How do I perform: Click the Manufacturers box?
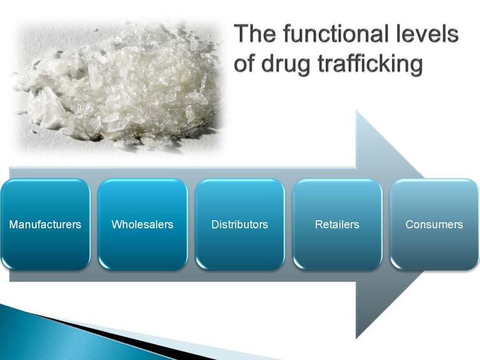pos(45,225)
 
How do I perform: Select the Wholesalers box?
pos(143,225)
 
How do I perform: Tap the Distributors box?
pos(240,225)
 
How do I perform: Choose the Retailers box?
pos(337,225)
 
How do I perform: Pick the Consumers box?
pos(434,225)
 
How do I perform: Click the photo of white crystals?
pos(118,87)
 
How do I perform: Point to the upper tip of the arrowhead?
pos(356,111)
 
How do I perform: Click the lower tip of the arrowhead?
pos(356,338)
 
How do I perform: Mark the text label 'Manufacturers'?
pos(45,225)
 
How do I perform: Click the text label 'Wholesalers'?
pos(143,225)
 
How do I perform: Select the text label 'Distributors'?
pos(240,225)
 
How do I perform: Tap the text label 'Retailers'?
pos(337,225)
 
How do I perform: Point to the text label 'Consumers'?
pos(434,225)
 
